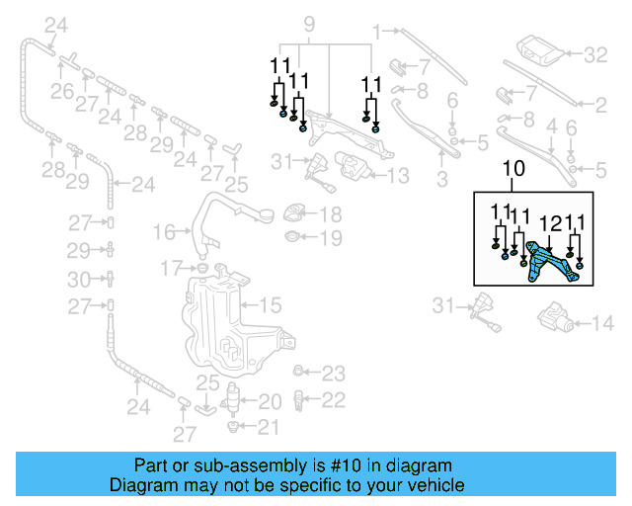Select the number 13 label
point(397,176)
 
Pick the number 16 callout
point(164,232)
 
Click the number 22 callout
point(335,399)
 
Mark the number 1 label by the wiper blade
point(376,34)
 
